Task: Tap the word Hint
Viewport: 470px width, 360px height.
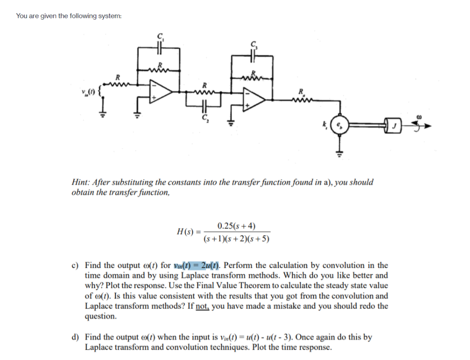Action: pos(82,182)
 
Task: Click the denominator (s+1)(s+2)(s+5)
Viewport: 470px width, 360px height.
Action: pos(237,239)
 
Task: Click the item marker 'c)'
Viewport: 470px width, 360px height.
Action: pos(75,266)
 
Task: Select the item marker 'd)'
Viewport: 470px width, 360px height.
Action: pos(75,338)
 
